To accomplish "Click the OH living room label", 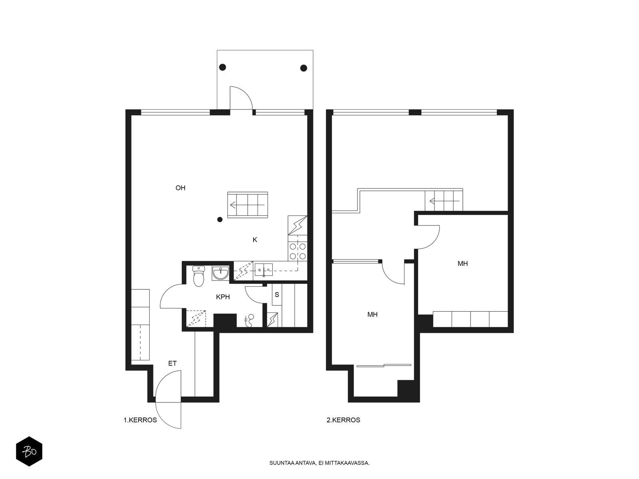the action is pyautogui.click(x=180, y=188).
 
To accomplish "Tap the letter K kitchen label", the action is pyautogui.click(x=255, y=239).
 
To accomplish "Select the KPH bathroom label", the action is pyautogui.click(x=223, y=297).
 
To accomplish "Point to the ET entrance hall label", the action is pyautogui.click(x=173, y=363).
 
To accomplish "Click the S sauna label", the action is pyautogui.click(x=276, y=295).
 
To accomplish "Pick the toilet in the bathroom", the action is pyautogui.click(x=198, y=276).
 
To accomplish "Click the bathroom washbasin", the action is pyautogui.click(x=220, y=273).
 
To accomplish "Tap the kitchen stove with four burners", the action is pyautogui.click(x=298, y=251).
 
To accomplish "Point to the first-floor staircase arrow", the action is pyautogui.click(x=247, y=205).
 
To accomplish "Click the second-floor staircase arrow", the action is pyautogui.click(x=445, y=201).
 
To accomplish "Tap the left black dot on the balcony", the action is pyautogui.click(x=222, y=67).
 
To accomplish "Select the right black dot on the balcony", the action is pyautogui.click(x=304, y=68).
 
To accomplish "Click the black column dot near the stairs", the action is pyautogui.click(x=220, y=220).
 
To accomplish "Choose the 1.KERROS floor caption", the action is pyautogui.click(x=140, y=420).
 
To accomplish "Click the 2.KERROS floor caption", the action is pyautogui.click(x=343, y=420).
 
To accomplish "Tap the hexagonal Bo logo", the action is pyautogui.click(x=29, y=451).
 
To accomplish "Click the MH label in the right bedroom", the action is pyautogui.click(x=462, y=263).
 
